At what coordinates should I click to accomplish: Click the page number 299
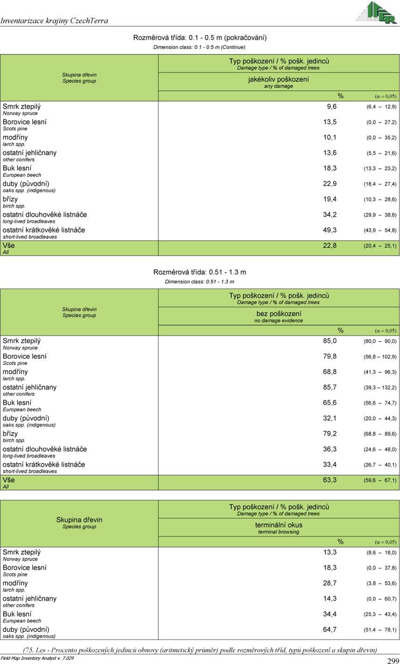pos(393,660)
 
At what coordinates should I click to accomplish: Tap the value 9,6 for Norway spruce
pos(331,107)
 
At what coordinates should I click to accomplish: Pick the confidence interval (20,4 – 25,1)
pos(380,246)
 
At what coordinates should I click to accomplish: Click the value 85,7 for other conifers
pos(330,387)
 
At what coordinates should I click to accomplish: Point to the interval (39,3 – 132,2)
pos(380,388)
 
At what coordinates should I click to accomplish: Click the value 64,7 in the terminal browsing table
pos(330,629)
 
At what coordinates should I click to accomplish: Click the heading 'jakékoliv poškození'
pos(278,80)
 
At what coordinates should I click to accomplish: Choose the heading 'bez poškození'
pos(278,314)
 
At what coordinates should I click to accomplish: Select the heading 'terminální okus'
pos(278,525)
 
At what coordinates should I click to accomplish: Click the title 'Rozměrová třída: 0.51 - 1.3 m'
pos(200,272)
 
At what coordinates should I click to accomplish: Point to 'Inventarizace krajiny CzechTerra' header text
pos(55,21)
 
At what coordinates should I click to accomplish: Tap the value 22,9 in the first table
pos(330,184)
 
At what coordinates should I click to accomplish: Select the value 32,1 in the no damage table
pos(330,418)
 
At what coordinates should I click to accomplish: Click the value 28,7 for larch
pos(330,583)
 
